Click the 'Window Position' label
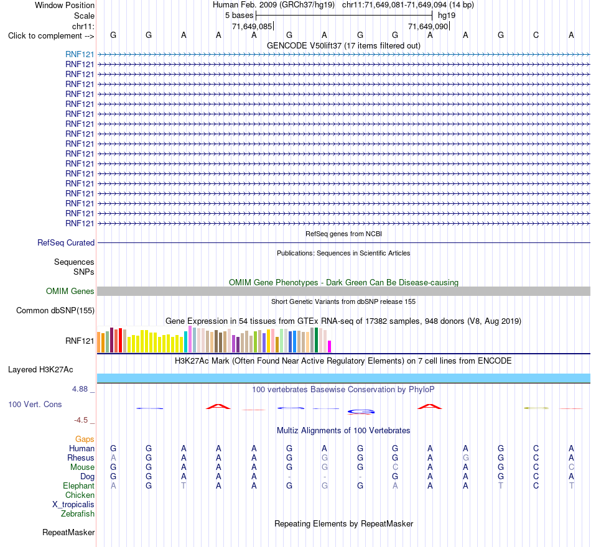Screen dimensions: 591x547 coord(65,5)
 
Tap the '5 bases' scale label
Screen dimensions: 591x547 coord(240,16)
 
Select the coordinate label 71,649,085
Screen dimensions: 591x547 coord(252,26)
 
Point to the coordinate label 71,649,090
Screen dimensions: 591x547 coord(428,26)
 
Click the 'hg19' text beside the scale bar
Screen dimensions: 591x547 coord(447,16)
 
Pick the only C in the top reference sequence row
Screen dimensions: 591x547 coord(536,35)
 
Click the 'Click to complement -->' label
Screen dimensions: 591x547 coord(51,36)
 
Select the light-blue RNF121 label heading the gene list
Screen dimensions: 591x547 coord(80,54)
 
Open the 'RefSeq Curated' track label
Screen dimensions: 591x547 coord(66,242)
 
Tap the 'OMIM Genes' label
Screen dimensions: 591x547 coord(70,291)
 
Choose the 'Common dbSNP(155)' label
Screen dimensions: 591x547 coord(55,310)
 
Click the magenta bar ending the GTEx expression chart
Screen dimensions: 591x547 coord(330,347)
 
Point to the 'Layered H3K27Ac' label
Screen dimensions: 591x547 coord(40,370)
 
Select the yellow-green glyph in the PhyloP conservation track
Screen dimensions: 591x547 coord(536,408)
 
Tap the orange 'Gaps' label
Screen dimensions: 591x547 coord(85,439)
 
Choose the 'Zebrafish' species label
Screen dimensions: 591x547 coord(78,513)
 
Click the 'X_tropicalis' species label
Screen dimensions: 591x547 coord(73,505)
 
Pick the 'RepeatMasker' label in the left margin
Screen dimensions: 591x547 coord(68,532)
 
